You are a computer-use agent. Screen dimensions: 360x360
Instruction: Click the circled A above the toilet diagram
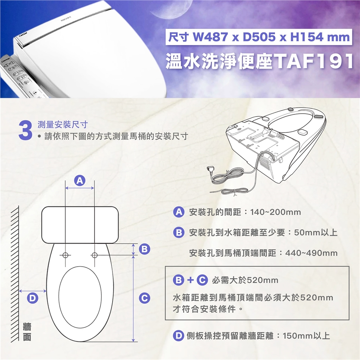79,181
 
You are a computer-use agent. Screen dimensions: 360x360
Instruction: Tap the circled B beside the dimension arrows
145,249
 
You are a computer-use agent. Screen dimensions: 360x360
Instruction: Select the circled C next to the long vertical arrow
144,298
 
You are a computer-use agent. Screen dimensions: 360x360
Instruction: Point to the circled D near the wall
33,298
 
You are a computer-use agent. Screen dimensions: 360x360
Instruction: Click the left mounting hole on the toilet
65,255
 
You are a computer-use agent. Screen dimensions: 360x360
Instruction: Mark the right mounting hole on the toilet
94,255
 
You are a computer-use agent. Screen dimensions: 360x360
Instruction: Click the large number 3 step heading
25,131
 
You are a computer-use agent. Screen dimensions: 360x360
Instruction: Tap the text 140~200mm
276,212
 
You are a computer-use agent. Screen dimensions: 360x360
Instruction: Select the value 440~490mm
312,253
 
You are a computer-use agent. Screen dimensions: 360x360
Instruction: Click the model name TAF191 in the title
314,61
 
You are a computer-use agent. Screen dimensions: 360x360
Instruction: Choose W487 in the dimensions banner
210,37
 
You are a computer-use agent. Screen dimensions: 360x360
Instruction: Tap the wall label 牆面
27,331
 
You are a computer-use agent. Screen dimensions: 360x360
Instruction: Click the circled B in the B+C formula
178,280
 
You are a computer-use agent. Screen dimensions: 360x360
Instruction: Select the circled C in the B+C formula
202,280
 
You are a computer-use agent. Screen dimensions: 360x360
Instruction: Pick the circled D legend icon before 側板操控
178,336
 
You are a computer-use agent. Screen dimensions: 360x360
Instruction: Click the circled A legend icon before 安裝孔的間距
178,212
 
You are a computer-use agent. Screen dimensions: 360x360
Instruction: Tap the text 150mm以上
306,336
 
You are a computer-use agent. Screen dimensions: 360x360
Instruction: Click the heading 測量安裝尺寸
63,124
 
